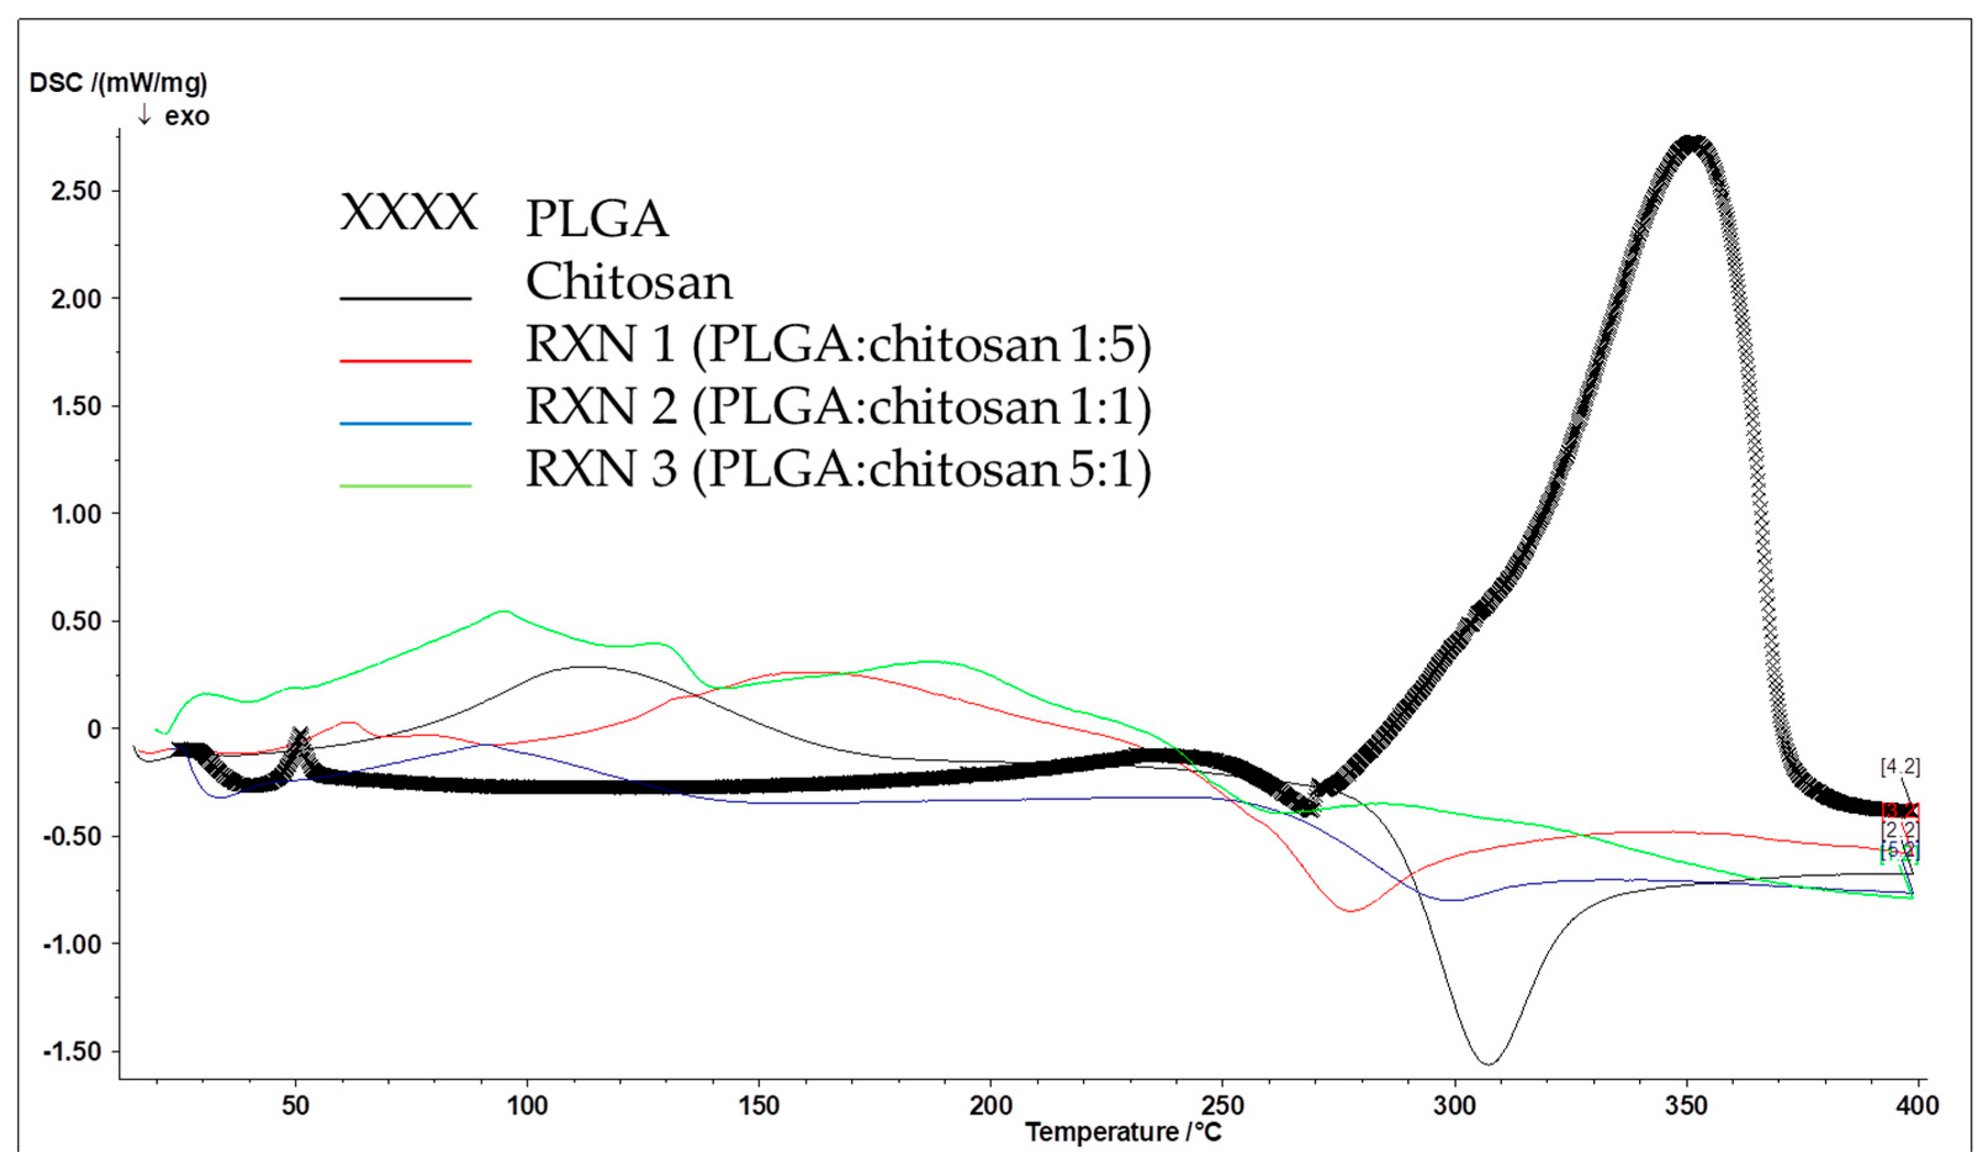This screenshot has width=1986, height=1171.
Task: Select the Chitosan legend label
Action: pyautogui.click(x=629, y=282)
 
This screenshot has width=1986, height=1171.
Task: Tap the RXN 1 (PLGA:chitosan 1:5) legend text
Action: pyautogui.click(x=838, y=344)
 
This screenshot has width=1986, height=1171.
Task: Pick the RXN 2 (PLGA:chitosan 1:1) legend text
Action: pyautogui.click(x=838, y=406)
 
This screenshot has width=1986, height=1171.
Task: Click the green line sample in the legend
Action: pyautogui.click(x=406, y=485)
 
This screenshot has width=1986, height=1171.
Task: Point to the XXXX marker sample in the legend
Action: pyautogui.click(x=409, y=213)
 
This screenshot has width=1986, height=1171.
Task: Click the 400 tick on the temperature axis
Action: pyautogui.click(x=1916, y=1106)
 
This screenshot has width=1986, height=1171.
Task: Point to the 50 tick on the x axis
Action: pyautogui.click(x=296, y=1106)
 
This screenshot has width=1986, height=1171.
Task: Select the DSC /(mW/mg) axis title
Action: pyautogui.click(x=118, y=83)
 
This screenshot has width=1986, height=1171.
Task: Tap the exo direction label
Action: pyautogui.click(x=187, y=117)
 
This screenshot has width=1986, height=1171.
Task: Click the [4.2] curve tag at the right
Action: pyautogui.click(x=1899, y=766)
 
